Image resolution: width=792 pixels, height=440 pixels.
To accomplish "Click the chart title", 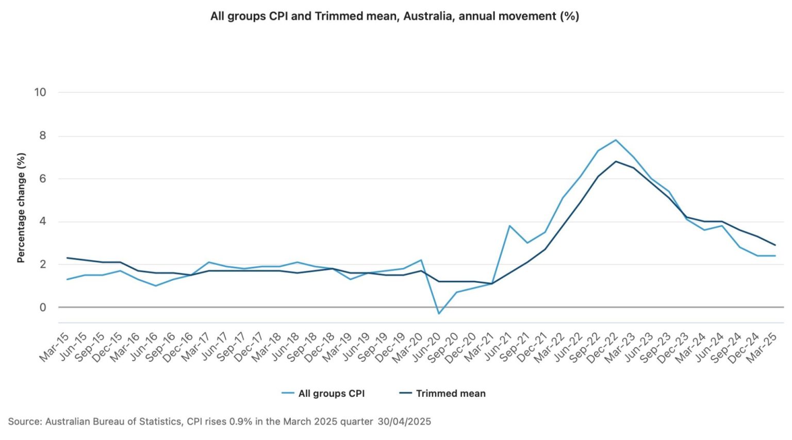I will pyautogui.click(x=394, y=16).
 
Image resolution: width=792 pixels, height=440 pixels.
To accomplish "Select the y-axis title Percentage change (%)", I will pyautogui.click(x=21, y=208).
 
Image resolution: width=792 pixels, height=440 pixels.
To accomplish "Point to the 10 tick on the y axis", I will pyautogui.click(x=40, y=92).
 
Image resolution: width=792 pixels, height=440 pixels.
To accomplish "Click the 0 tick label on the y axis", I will pyautogui.click(x=43, y=307).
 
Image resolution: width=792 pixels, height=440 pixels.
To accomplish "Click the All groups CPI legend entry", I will pyautogui.click(x=323, y=393).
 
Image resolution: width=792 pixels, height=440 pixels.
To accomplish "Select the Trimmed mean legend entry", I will pyautogui.click(x=443, y=393).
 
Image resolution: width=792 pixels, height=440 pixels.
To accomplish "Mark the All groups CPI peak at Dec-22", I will pyautogui.click(x=616, y=140).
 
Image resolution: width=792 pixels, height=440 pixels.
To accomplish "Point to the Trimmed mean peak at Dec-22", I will pyautogui.click(x=616, y=161).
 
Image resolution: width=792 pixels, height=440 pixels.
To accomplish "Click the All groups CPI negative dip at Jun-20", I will pyautogui.click(x=439, y=314).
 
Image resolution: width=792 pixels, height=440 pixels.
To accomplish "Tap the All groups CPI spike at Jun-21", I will pyautogui.click(x=509, y=226).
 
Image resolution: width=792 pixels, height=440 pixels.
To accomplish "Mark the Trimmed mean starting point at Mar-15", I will pyautogui.click(x=68, y=258).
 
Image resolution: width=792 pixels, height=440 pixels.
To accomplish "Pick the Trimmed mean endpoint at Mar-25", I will pyautogui.click(x=775, y=245).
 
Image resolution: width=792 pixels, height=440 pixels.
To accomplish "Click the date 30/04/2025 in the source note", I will pyautogui.click(x=404, y=421).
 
